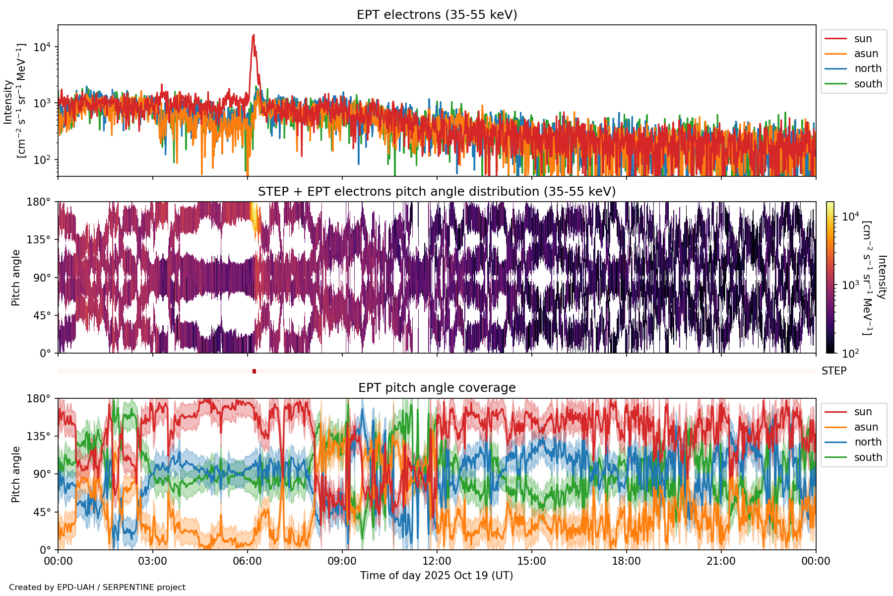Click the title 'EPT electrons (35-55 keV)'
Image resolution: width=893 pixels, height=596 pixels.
[x=437, y=15]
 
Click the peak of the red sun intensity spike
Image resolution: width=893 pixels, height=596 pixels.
[x=254, y=35]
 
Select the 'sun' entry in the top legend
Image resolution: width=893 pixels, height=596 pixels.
[x=863, y=39]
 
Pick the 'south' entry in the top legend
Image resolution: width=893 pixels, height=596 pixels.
[x=868, y=84]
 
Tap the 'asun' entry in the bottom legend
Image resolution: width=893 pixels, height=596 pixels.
[x=866, y=427]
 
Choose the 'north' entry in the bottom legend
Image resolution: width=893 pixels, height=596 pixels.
[x=868, y=442]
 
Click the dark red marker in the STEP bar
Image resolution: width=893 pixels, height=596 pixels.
[x=254, y=371]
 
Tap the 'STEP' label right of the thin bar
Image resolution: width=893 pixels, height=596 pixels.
[x=834, y=371]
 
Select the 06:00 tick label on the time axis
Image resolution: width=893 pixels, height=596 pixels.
[x=248, y=561]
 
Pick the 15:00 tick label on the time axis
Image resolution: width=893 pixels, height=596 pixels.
[x=532, y=561]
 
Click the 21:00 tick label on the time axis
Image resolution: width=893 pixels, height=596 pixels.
[x=721, y=561]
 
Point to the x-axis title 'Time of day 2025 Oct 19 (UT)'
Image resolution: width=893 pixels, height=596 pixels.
[x=437, y=576]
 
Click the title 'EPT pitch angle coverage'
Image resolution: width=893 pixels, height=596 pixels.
[x=437, y=388]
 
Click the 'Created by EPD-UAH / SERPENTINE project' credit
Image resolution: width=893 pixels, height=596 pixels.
[x=97, y=587]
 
